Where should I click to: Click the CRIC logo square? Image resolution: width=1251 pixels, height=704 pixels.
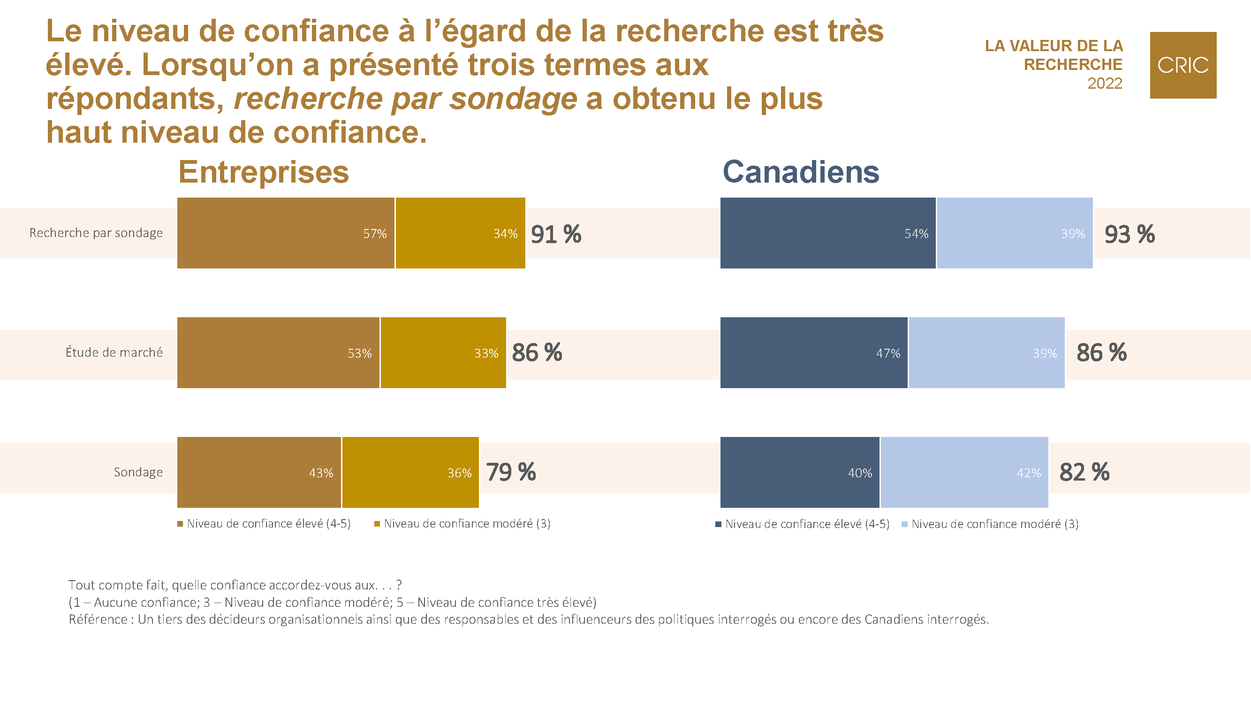click(x=1183, y=65)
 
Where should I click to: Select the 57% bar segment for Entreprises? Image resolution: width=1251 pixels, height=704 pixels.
click(x=286, y=233)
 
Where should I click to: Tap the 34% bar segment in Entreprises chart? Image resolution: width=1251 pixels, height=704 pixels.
click(x=460, y=233)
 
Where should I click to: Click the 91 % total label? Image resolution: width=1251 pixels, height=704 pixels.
click(x=555, y=234)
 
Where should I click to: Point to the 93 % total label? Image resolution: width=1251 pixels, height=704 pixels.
click(x=1129, y=234)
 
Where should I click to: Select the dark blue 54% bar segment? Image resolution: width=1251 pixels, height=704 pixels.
click(x=827, y=233)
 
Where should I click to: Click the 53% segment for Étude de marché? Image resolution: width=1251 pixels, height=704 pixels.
click(x=278, y=352)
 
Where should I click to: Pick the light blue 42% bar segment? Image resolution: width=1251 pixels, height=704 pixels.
click(x=964, y=472)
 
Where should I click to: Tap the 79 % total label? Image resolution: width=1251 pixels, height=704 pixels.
click(x=510, y=472)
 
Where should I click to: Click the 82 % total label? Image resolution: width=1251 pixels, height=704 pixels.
click(x=1084, y=472)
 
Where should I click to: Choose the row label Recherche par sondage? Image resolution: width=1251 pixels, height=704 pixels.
click(x=96, y=233)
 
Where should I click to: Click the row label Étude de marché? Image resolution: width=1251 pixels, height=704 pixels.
click(x=114, y=352)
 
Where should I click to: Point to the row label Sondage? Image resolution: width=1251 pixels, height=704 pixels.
click(x=138, y=472)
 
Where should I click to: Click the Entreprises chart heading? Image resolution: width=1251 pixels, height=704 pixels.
click(x=264, y=172)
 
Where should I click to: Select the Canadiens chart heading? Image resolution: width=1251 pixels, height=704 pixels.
click(x=801, y=172)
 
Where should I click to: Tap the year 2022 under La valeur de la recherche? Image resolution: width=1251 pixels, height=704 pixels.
click(x=1104, y=84)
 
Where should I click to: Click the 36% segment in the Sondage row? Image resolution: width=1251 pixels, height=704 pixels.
click(x=410, y=472)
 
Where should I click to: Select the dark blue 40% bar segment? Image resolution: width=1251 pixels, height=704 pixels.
click(x=799, y=472)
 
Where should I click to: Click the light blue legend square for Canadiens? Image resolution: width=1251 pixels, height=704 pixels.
click(x=904, y=524)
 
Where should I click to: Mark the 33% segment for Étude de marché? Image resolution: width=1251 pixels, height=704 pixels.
click(x=443, y=352)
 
